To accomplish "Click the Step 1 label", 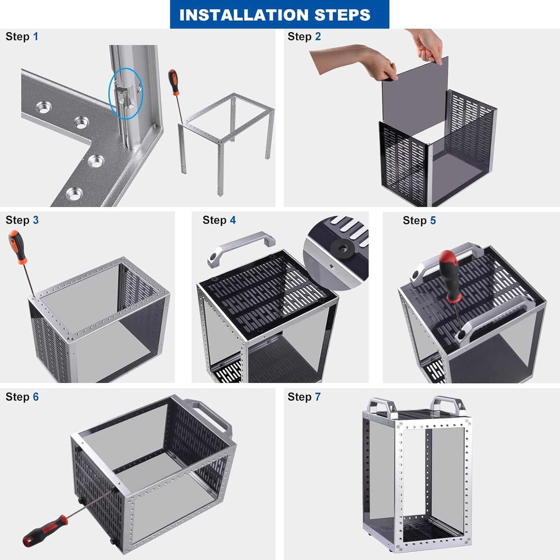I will pos(22,37).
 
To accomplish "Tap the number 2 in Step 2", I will pos(318,37).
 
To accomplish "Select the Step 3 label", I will pos(22,220).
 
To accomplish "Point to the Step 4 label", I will pos(219,220).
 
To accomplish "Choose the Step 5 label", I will pos(419,221).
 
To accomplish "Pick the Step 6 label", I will pos(22,397).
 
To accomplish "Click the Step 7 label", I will pos(304,397).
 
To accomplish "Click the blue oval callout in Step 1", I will pos(125,93).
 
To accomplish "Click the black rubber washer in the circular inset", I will pos(341,248).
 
